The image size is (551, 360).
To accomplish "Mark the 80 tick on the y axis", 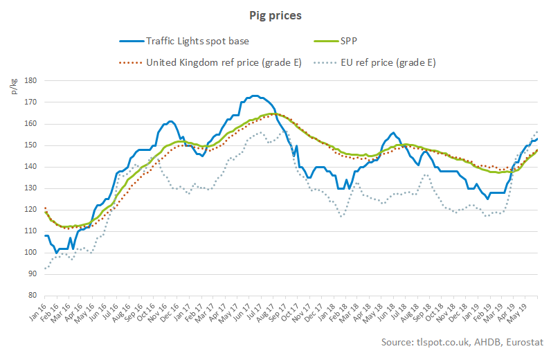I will [31, 296].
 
